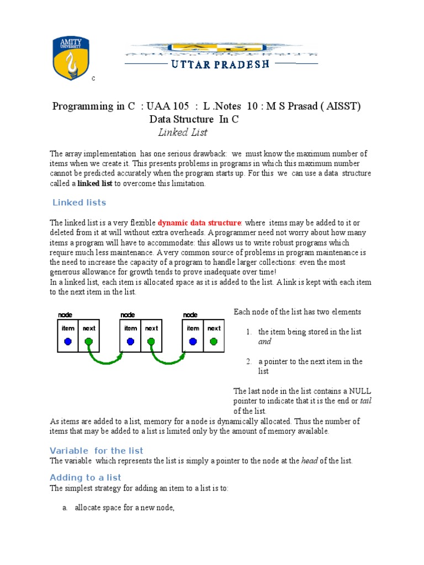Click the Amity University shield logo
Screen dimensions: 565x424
(x=70, y=58)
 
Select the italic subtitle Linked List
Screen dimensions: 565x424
(x=183, y=132)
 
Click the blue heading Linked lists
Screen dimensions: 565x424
(x=79, y=202)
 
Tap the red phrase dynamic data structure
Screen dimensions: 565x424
(x=199, y=223)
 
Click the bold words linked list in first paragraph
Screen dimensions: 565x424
(x=95, y=184)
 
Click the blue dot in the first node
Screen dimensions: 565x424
(x=68, y=342)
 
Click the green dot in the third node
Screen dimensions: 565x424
(x=214, y=342)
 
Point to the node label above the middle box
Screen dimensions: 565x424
(x=128, y=315)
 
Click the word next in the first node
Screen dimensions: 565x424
(x=89, y=328)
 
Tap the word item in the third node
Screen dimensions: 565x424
(x=193, y=328)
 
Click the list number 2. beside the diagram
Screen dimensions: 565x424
(x=249, y=361)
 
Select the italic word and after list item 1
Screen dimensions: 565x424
(x=265, y=342)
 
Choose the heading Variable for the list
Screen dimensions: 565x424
(x=97, y=451)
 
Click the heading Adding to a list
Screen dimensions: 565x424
(x=86, y=477)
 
